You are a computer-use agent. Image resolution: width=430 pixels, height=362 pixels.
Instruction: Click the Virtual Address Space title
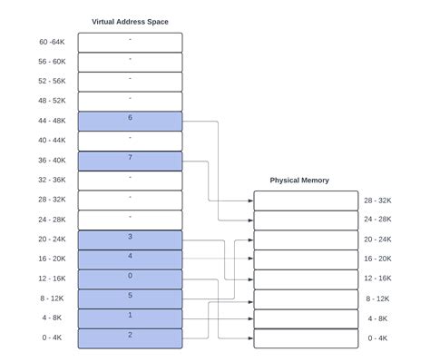pyautogui.click(x=130, y=21)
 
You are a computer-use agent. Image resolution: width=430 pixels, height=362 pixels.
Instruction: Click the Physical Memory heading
pyautogui.click(x=299, y=181)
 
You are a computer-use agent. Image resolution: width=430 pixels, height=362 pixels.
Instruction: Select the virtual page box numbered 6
pyautogui.click(x=130, y=122)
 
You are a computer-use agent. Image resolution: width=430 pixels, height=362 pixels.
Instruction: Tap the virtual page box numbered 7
pyautogui.click(x=130, y=161)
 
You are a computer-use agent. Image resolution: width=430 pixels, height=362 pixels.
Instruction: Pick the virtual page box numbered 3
pyautogui.click(x=130, y=240)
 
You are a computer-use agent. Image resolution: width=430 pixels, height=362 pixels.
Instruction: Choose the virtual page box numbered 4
pyautogui.click(x=130, y=259)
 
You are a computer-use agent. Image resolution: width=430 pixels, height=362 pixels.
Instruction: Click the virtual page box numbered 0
pyautogui.click(x=130, y=279)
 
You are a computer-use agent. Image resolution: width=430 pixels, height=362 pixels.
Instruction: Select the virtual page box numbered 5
pyautogui.click(x=130, y=298)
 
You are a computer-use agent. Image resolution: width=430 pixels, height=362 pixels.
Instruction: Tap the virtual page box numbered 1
pyautogui.click(x=130, y=318)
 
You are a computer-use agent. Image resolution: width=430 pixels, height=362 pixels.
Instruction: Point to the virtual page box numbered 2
pyautogui.click(x=130, y=338)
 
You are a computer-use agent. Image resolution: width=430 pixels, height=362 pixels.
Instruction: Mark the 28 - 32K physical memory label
pyautogui.click(x=378, y=201)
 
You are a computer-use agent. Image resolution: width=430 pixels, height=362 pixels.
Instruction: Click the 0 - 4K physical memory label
pyautogui.click(x=378, y=338)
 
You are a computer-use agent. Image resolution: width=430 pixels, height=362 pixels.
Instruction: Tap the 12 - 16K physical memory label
pyautogui.click(x=378, y=279)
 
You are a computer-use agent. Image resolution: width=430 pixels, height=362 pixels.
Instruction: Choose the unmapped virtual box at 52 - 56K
pyautogui.click(x=130, y=82)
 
